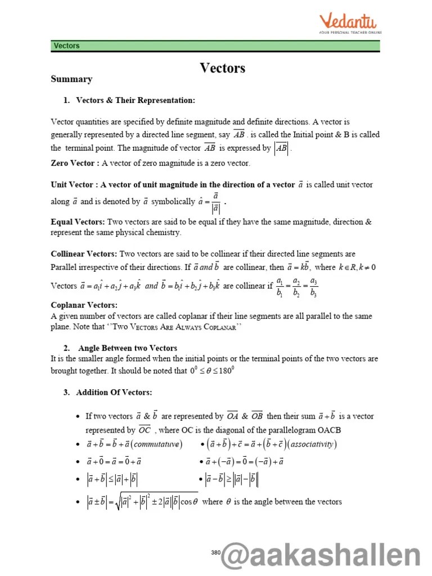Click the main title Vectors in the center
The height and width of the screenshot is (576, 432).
point(223,68)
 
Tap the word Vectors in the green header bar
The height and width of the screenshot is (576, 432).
point(66,46)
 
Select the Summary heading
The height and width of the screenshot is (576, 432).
point(71,79)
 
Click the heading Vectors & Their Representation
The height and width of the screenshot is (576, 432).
point(135,100)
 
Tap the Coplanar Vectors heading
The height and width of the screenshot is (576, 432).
point(84,305)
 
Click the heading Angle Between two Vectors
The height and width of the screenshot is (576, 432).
point(127,348)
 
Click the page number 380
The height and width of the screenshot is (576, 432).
point(215,552)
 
